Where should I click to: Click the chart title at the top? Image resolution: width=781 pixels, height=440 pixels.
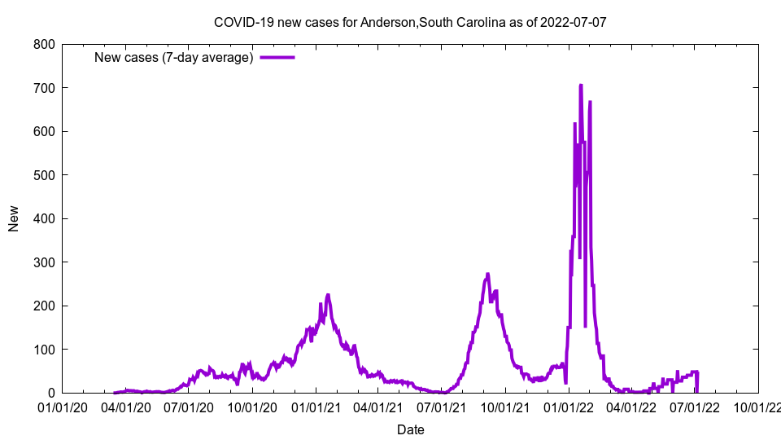coord(410,22)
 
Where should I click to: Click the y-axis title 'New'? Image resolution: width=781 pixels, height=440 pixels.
coord(14,218)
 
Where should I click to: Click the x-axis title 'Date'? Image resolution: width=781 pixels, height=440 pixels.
coord(410,429)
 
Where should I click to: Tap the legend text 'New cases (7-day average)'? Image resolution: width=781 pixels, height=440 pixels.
coord(173,58)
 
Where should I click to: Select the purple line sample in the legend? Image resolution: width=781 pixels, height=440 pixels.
coord(277,58)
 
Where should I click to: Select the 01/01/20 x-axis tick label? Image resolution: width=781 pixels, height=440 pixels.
coord(63,407)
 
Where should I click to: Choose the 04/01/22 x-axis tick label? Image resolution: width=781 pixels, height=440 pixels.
coord(630,407)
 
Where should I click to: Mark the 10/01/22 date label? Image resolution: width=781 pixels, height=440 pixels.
coord(757,407)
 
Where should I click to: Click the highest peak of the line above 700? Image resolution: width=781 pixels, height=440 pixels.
coord(580,86)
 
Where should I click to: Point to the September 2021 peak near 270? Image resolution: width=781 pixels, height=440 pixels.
coord(487,275)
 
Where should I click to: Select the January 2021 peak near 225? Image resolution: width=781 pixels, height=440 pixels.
coord(328,295)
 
